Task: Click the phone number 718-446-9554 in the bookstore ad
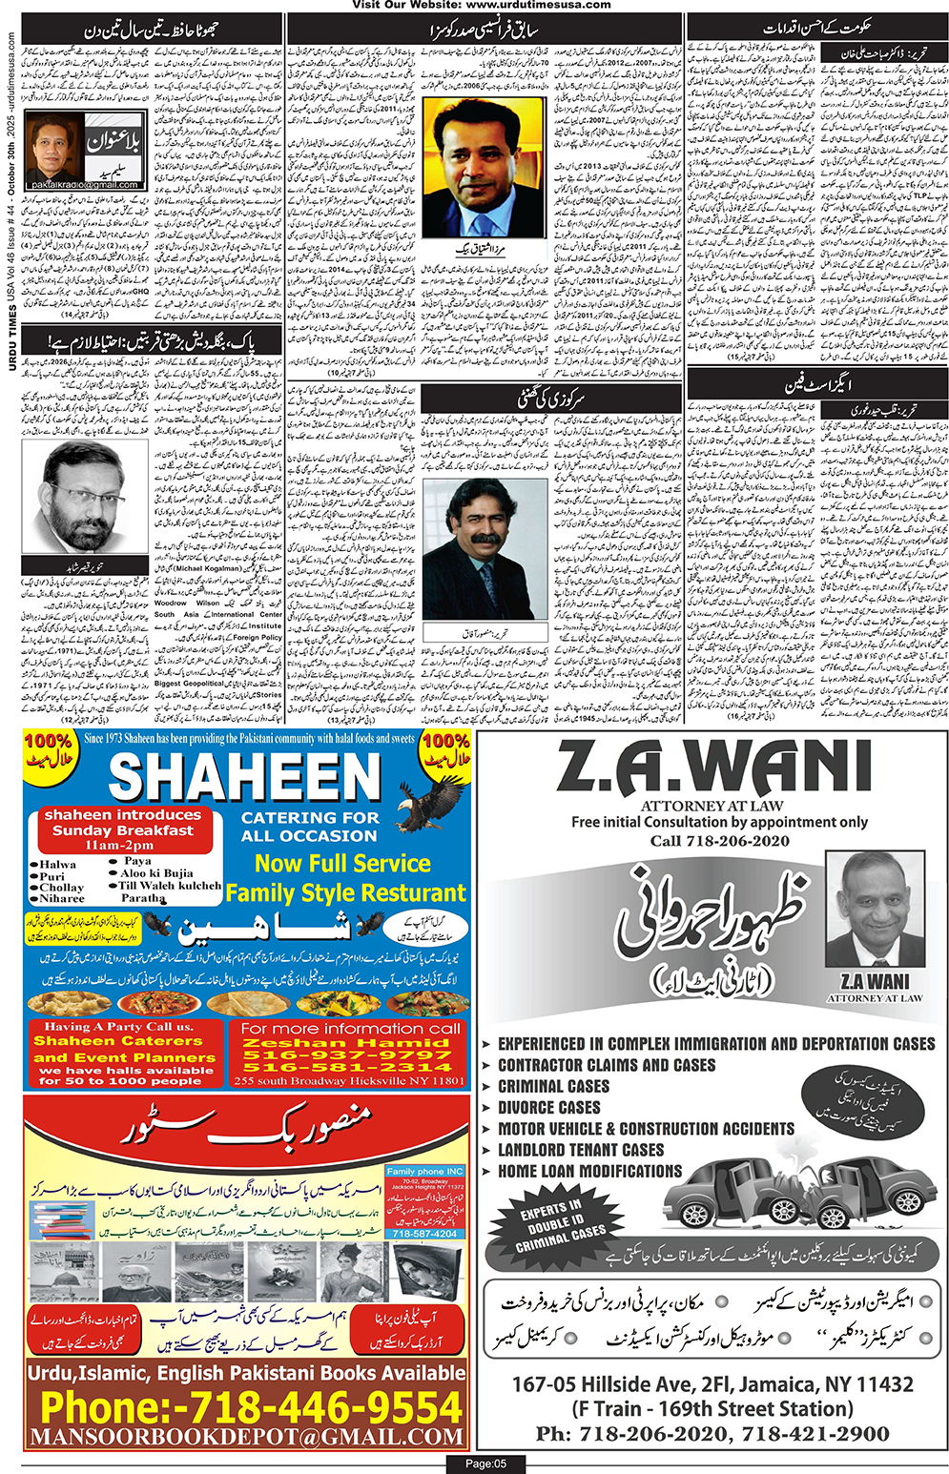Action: [x=251, y=1407]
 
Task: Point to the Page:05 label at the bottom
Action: [x=485, y=1464]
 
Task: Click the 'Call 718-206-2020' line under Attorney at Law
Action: [x=719, y=840]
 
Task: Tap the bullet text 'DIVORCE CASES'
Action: [x=548, y=1107]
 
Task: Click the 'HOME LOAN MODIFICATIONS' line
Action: [x=589, y=1171]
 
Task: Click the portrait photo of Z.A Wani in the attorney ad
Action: [x=874, y=911]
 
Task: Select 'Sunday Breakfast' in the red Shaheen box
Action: [x=122, y=830]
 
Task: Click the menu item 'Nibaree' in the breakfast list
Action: [x=62, y=898]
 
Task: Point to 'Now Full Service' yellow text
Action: [x=342, y=863]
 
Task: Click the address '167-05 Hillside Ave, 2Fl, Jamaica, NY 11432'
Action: [x=712, y=1383]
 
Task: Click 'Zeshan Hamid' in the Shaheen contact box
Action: [x=348, y=1043]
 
